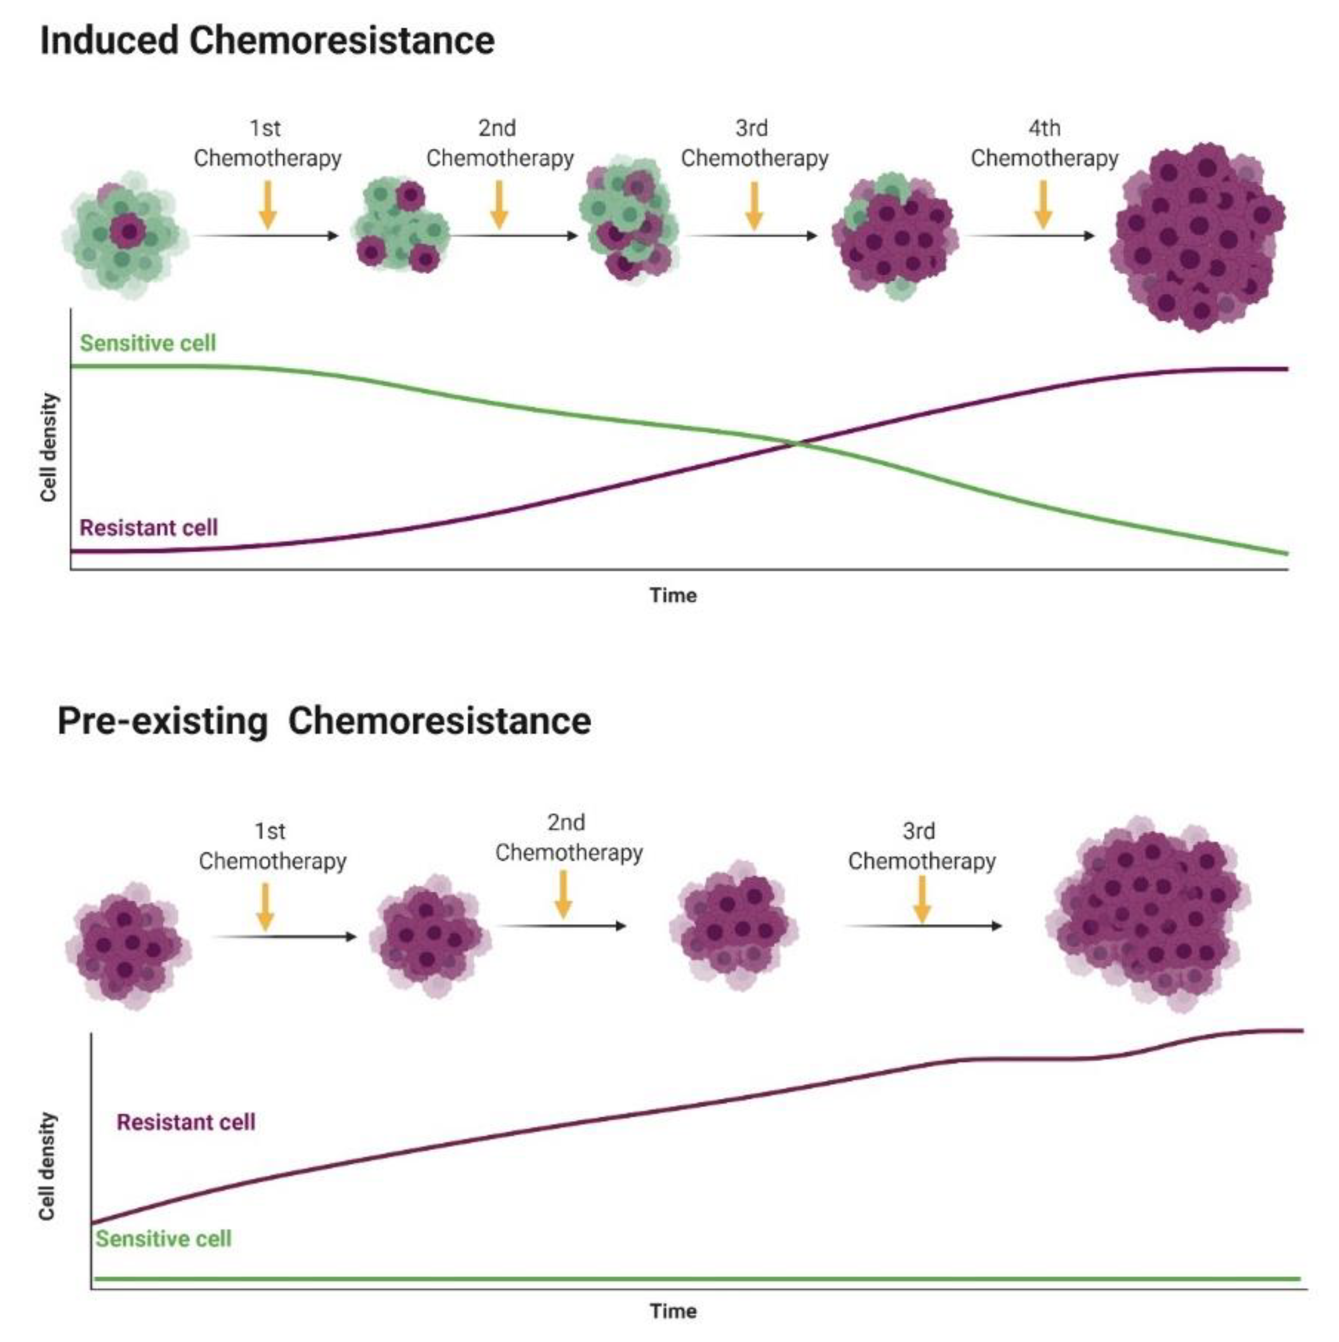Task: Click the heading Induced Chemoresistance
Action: (267, 40)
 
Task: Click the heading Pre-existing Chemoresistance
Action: (324, 721)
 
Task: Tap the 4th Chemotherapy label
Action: (1044, 144)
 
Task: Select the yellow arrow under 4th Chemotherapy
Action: (1043, 205)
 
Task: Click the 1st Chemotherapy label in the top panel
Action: (267, 144)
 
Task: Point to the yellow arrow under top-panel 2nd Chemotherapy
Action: (498, 205)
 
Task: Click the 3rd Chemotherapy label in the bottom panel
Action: (921, 846)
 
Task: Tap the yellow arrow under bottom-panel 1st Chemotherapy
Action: (264, 906)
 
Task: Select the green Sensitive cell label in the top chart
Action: (147, 343)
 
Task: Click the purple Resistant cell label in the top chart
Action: (149, 528)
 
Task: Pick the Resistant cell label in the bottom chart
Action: (186, 1122)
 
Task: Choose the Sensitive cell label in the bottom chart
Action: (163, 1238)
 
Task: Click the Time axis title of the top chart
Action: (672, 595)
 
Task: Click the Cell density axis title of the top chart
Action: (47, 446)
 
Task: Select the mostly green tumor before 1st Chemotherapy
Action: (125, 235)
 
